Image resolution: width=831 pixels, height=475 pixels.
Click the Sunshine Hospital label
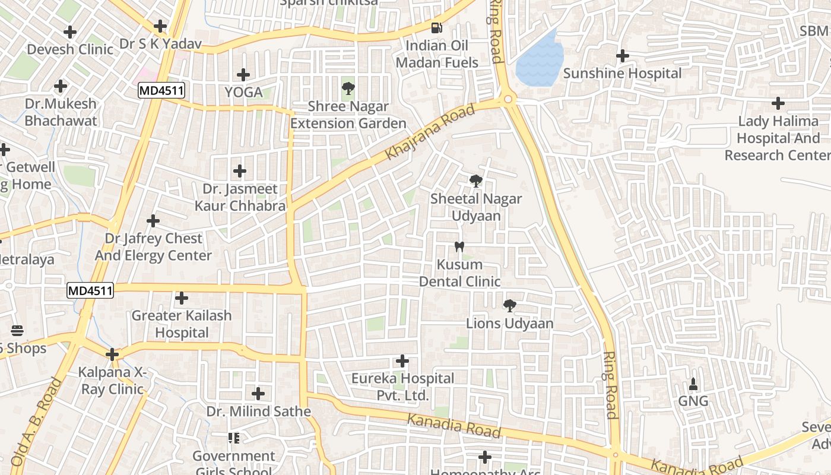click(x=622, y=74)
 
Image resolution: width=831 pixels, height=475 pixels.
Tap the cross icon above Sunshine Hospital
click(x=622, y=56)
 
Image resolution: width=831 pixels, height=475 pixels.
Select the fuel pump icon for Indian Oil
click(x=437, y=27)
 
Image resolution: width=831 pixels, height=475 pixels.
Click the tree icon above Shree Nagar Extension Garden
click(x=348, y=89)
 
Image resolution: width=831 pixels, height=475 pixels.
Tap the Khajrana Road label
click(x=430, y=132)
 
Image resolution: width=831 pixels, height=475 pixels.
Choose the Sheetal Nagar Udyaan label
click(x=475, y=207)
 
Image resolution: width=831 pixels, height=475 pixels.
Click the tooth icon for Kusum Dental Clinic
click(x=459, y=246)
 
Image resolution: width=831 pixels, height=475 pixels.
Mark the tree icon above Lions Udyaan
click(x=509, y=306)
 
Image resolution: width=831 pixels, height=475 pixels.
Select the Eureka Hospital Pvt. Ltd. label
click(x=402, y=387)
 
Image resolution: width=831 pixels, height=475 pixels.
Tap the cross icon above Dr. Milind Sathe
click(x=258, y=393)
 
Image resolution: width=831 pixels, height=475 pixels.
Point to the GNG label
click(x=693, y=401)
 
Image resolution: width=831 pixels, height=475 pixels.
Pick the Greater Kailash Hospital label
click(x=182, y=324)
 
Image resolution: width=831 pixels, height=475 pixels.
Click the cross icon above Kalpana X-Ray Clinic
click(x=112, y=354)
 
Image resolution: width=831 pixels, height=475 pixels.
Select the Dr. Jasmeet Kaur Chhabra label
click(x=240, y=197)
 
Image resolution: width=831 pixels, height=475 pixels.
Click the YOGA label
click(x=243, y=92)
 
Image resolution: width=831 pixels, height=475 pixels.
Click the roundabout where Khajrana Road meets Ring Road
click(x=508, y=99)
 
